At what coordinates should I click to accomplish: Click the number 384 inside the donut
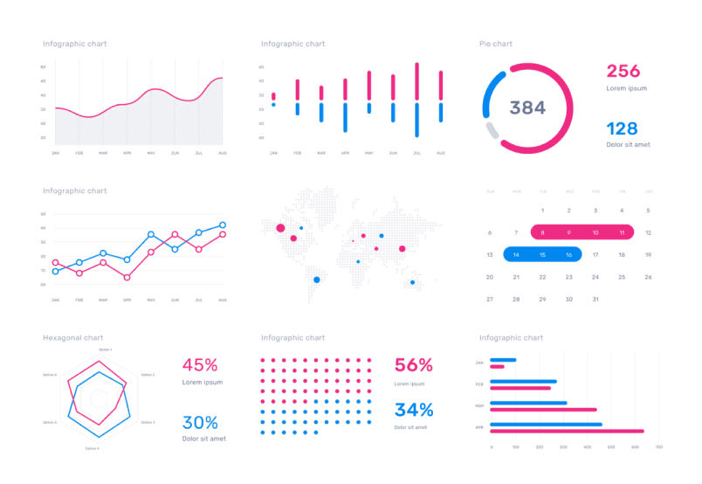pos(527,107)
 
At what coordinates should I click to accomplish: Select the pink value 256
pos(623,72)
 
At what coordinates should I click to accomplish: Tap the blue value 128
pos(623,128)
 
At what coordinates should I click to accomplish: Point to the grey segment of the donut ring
pos(492,131)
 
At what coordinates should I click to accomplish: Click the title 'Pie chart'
pos(496,44)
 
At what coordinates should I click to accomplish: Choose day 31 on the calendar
pos(595,299)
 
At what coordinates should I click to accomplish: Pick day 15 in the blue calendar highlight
pos(542,254)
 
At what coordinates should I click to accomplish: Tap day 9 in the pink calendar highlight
pos(569,232)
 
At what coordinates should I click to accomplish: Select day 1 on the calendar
pos(542,211)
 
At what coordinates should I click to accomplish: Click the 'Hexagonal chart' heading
pos(73,337)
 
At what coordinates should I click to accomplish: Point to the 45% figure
pos(200,365)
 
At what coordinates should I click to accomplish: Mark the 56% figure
pos(414,365)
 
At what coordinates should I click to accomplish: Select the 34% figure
pos(414,410)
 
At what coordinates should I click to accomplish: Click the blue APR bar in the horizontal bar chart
pos(546,425)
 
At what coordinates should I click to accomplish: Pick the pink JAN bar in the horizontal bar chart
pos(497,367)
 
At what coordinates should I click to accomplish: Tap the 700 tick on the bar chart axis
pos(658,447)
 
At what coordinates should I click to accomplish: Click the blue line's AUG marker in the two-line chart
pos(223,225)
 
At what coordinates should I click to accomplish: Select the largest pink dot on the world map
pos(280,228)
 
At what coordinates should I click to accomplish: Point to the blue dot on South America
pos(316,280)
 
